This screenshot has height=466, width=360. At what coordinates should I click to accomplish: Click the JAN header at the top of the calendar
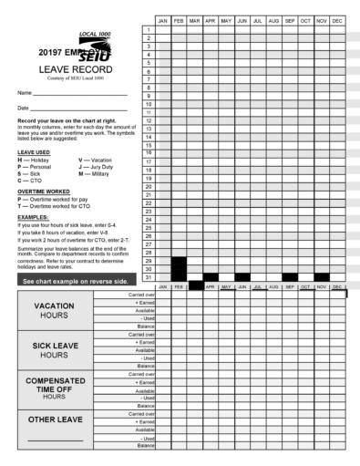click(163, 20)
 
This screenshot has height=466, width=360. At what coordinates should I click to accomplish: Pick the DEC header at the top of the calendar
click(337, 20)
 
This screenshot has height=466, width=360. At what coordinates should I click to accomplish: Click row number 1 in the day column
click(148, 30)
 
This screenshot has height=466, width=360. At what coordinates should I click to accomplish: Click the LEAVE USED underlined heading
click(34, 152)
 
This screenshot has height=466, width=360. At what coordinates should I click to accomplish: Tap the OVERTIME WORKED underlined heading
click(40, 192)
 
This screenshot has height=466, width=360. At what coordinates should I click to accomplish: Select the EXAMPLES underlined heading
click(32, 217)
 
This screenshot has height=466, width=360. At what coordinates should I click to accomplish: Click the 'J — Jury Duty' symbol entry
click(97, 167)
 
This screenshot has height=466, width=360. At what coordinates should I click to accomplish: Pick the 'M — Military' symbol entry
click(96, 174)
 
